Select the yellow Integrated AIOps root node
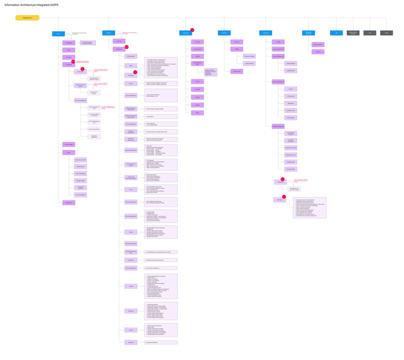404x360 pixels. click(x=27, y=18)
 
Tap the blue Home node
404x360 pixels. click(x=58, y=33)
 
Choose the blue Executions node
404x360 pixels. click(x=224, y=33)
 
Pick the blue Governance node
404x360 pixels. click(x=266, y=33)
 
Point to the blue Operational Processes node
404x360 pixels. click(x=309, y=33)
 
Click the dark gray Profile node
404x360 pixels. click(x=387, y=33)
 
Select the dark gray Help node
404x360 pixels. click(x=370, y=33)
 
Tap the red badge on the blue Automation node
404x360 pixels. click(x=192, y=29)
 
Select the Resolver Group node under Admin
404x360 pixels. click(x=80, y=166)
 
